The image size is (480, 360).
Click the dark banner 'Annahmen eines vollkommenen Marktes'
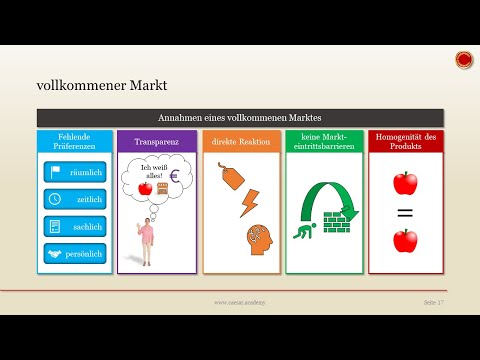240,118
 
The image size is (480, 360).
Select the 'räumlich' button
75,171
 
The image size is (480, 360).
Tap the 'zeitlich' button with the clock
75,199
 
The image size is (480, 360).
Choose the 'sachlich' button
75,226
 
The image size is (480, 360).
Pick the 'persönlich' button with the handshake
75,254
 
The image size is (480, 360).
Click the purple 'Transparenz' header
157,141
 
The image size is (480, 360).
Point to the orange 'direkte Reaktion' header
240,141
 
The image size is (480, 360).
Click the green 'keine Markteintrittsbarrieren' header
323,141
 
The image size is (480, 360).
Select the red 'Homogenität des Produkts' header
406,141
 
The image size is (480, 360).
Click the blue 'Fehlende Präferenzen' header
75,141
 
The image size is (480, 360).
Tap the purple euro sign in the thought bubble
175,178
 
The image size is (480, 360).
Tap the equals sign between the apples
406,212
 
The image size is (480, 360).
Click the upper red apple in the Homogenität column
406,183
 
